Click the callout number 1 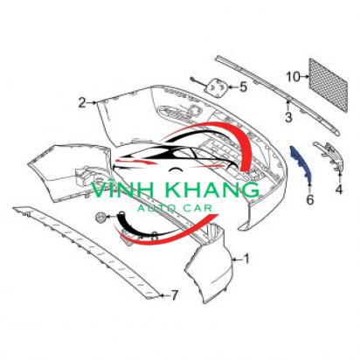246,259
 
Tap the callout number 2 82,103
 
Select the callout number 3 288,117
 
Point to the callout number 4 339,190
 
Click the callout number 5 243,87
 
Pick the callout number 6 310,199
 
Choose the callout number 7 174,295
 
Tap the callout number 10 293,77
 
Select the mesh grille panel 329,85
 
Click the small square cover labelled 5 218,87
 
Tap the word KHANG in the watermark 208,190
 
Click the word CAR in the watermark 197,208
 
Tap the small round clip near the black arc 100,217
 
